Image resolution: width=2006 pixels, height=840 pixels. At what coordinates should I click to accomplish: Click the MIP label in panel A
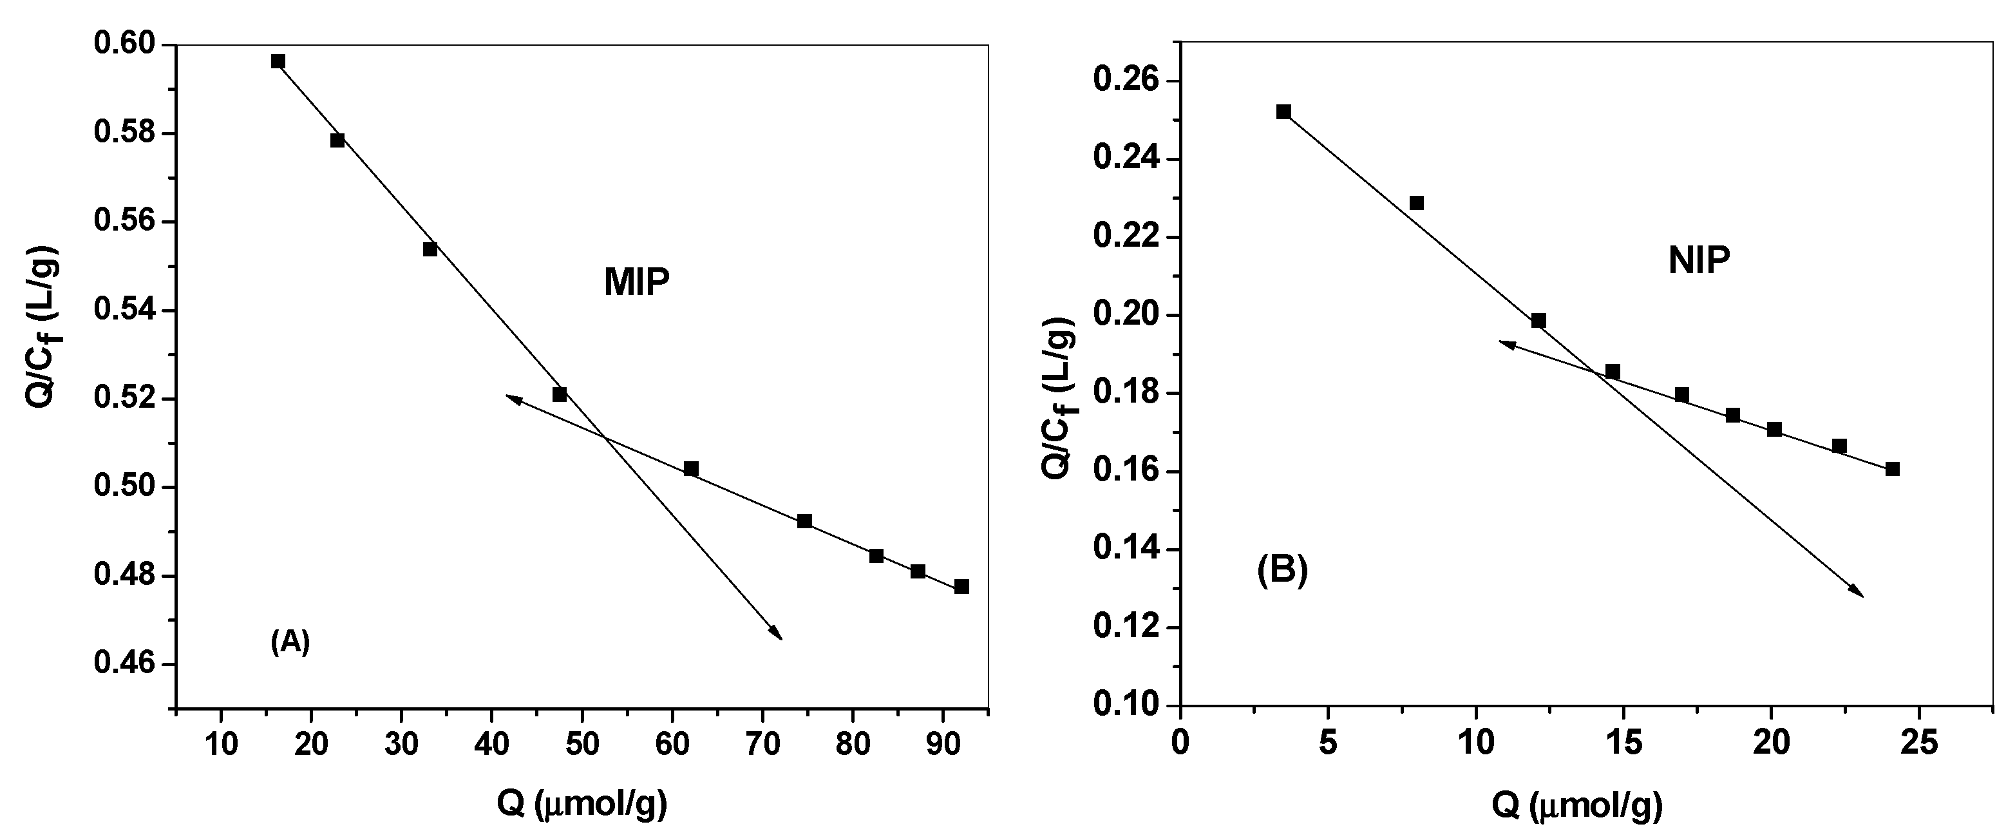636,282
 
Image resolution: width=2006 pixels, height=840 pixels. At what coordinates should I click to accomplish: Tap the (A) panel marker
290,642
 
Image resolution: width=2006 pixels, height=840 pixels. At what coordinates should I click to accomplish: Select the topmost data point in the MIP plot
278,62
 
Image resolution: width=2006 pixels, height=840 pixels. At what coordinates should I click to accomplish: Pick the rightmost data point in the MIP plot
961,587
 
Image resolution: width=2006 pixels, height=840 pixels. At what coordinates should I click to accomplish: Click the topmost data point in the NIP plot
1283,112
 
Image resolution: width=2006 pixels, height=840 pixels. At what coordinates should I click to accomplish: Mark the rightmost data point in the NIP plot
1892,469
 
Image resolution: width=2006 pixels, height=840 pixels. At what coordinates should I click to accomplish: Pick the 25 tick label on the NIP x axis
1918,743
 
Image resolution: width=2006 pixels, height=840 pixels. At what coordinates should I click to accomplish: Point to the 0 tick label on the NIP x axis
1180,743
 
